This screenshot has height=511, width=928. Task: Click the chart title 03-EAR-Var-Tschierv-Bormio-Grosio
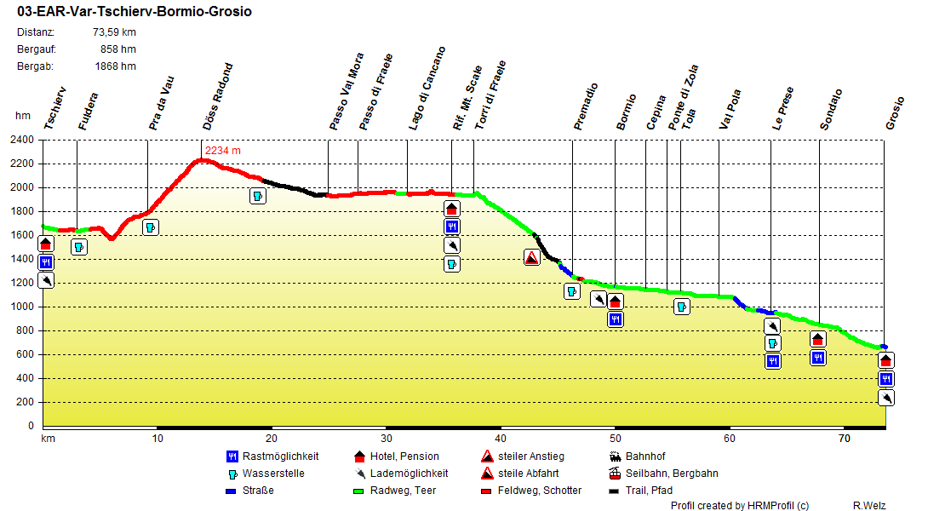point(134,12)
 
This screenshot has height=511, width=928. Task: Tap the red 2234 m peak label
point(223,151)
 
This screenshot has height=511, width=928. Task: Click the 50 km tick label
point(614,439)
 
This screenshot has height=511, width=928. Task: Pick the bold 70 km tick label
point(845,439)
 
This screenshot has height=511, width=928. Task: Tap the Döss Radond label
point(218,97)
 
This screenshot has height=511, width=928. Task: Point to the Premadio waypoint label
point(586,106)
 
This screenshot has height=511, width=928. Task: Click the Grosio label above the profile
point(895,112)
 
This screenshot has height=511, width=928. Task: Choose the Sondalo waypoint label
point(832,109)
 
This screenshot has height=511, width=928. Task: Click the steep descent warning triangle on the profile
point(531,257)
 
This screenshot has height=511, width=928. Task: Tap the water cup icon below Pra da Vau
point(151,227)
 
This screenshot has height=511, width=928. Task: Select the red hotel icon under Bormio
point(616,301)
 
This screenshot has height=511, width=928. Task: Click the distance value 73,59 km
point(114,32)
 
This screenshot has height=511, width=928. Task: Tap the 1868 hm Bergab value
point(115,66)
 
